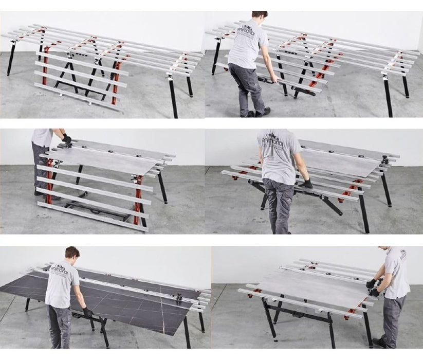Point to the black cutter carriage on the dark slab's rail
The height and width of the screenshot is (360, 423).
pos(179,296)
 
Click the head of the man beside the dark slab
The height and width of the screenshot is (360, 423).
pos(72,253)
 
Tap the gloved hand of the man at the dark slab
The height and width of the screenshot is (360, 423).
pos(87,312)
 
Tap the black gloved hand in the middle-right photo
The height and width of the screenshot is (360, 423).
pos(307,184)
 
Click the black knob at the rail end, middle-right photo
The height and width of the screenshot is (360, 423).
pos(384,160)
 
